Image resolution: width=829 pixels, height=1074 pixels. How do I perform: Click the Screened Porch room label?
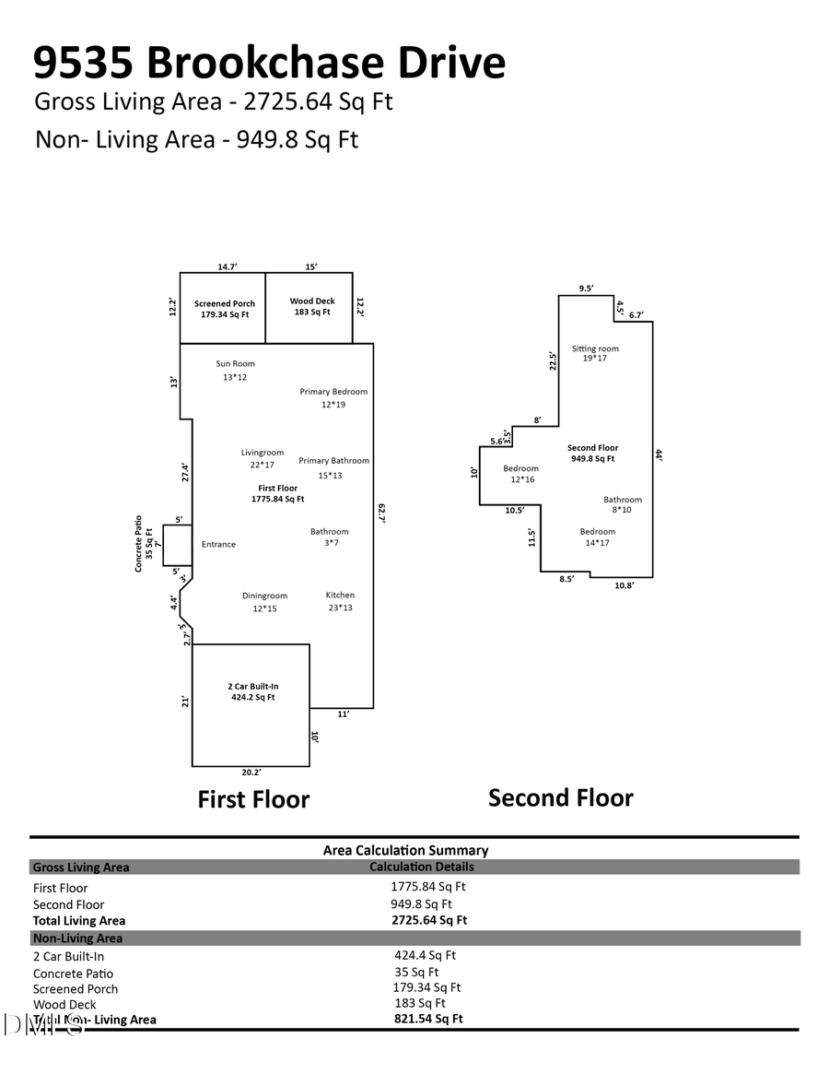click(225, 304)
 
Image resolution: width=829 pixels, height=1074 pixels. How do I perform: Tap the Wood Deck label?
click(312, 301)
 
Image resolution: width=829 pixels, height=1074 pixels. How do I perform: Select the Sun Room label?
click(235, 363)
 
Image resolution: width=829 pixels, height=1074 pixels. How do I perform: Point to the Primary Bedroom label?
click(333, 392)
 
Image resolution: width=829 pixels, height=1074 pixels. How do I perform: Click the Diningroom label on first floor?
click(264, 596)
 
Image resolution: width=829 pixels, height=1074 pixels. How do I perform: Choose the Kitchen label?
click(340, 596)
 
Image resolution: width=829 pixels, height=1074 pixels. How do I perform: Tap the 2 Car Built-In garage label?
click(253, 686)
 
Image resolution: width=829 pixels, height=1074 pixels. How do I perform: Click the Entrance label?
click(218, 545)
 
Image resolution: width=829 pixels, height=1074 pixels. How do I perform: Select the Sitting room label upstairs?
click(595, 348)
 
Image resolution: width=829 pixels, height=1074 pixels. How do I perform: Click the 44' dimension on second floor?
click(660, 454)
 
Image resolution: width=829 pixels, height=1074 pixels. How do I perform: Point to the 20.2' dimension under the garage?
click(250, 773)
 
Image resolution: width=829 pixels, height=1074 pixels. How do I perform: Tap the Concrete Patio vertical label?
click(138, 544)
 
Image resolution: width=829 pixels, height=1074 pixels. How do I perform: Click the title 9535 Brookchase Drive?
click(269, 63)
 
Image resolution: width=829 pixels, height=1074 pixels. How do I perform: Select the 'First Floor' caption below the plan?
click(253, 799)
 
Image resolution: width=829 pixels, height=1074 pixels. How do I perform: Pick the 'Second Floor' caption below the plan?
click(560, 797)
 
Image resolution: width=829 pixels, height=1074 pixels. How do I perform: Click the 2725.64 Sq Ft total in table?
click(429, 920)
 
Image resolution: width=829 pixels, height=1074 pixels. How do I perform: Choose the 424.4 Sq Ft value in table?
click(425, 956)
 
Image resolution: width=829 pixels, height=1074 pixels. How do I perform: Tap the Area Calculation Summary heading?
click(405, 850)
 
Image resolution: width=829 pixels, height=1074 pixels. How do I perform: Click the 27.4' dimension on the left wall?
click(185, 473)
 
